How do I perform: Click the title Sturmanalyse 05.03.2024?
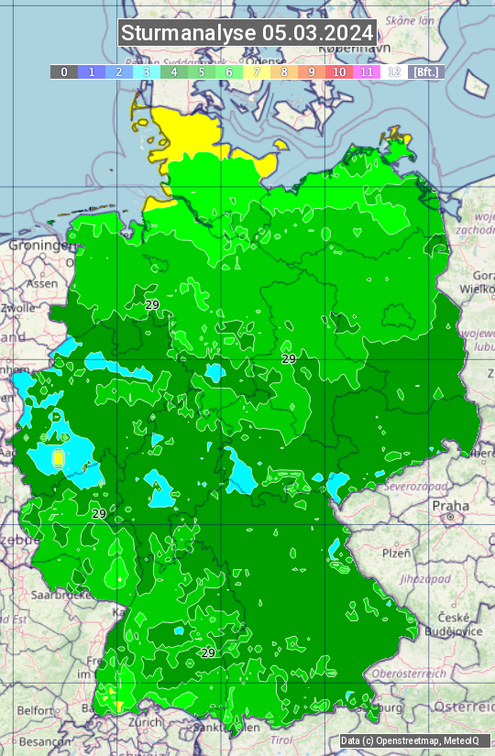tap(247, 33)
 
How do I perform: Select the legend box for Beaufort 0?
tap(64, 71)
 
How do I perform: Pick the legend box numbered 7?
tap(257, 71)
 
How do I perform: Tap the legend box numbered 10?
tap(339, 71)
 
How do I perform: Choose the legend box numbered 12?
tap(394, 71)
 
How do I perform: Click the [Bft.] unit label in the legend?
tap(425, 71)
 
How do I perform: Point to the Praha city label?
tap(450, 506)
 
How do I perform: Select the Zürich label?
tap(145, 722)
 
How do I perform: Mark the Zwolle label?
tap(17, 309)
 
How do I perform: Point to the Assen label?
tap(41, 284)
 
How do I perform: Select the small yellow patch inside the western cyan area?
tap(59, 457)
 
